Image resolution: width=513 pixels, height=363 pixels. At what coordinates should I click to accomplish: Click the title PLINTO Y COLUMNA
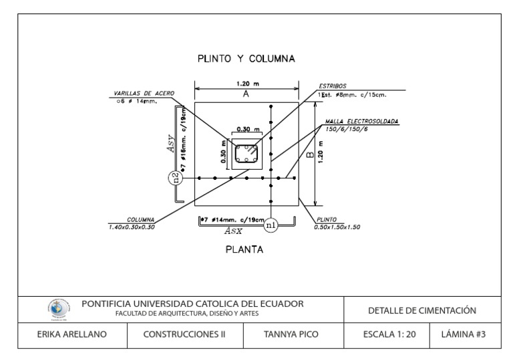tap(246, 58)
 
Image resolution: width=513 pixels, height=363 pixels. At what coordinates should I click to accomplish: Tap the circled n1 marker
tap(271, 225)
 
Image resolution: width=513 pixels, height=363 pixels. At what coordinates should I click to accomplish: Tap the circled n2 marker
tap(175, 178)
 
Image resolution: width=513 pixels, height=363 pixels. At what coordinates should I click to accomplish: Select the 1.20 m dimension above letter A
tap(246, 84)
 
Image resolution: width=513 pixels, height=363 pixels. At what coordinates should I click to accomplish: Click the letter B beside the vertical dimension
tap(309, 154)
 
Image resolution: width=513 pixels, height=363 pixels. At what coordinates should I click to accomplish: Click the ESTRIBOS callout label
tap(333, 86)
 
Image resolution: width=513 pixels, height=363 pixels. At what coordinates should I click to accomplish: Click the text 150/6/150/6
tap(344, 128)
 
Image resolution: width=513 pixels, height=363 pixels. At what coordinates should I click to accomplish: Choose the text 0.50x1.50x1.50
tap(337, 227)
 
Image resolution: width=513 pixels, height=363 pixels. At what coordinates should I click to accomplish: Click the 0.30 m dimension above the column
tap(248, 128)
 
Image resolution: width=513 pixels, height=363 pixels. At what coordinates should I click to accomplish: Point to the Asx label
tap(233, 230)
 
